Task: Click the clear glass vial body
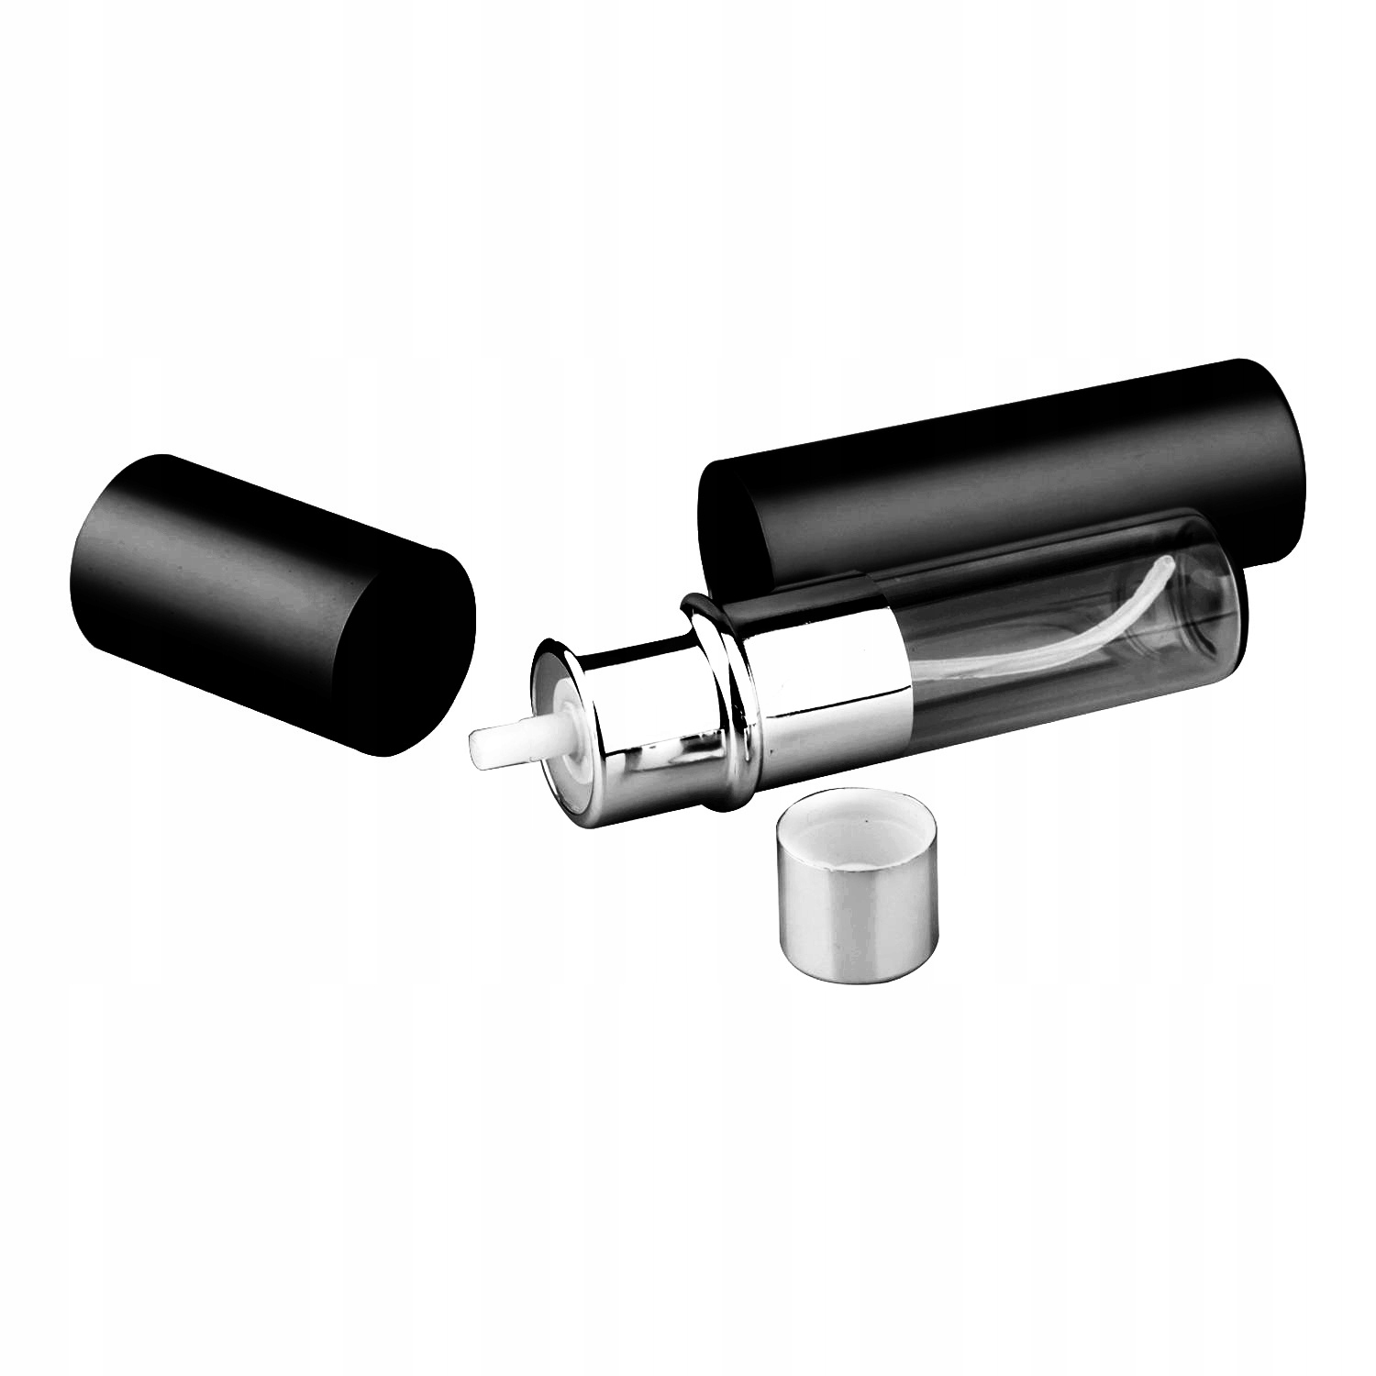point(1055,642)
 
